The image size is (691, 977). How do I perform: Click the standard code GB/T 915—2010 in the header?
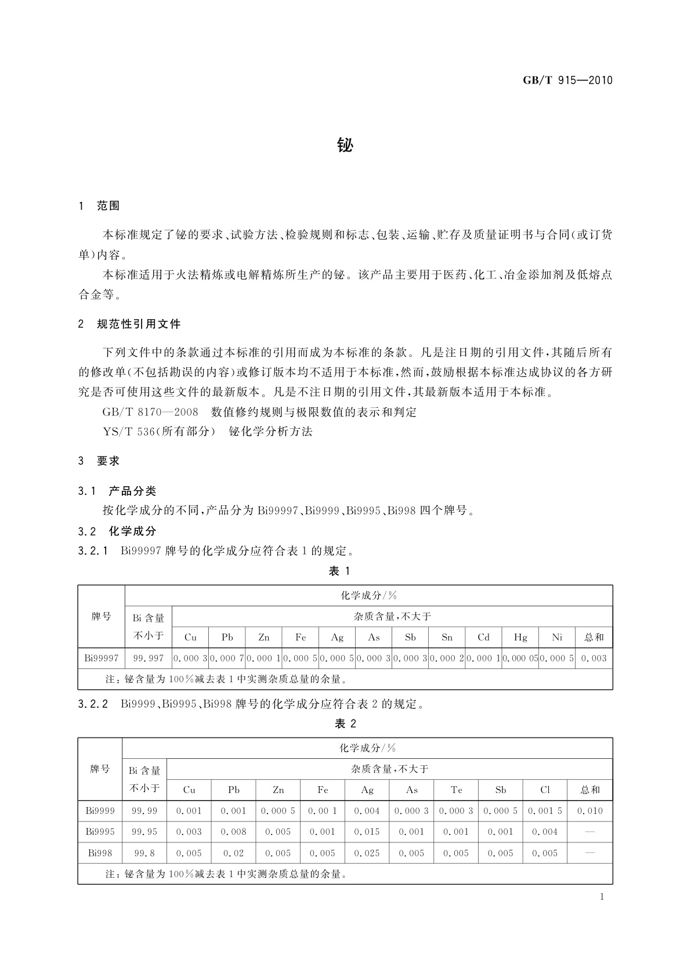click(567, 81)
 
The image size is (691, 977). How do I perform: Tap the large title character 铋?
click(345, 145)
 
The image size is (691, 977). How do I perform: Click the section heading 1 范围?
click(99, 206)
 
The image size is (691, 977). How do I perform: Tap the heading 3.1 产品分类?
click(117, 491)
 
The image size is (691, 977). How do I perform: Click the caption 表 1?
click(339, 571)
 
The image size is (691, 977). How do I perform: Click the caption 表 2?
click(345, 723)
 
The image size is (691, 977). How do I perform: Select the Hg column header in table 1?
click(520, 638)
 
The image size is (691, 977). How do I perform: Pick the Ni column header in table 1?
click(557, 638)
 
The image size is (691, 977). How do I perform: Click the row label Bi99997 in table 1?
click(102, 658)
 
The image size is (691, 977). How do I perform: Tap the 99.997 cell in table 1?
click(149, 658)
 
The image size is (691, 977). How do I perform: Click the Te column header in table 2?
click(456, 790)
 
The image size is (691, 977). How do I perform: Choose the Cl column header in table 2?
click(545, 790)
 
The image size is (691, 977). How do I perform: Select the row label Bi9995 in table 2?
click(100, 832)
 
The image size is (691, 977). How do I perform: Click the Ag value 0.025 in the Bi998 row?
click(367, 853)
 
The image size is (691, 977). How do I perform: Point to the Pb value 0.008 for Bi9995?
click(233, 832)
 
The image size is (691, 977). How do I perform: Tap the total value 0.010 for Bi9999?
click(590, 811)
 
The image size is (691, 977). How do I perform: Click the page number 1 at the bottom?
click(602, 897)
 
